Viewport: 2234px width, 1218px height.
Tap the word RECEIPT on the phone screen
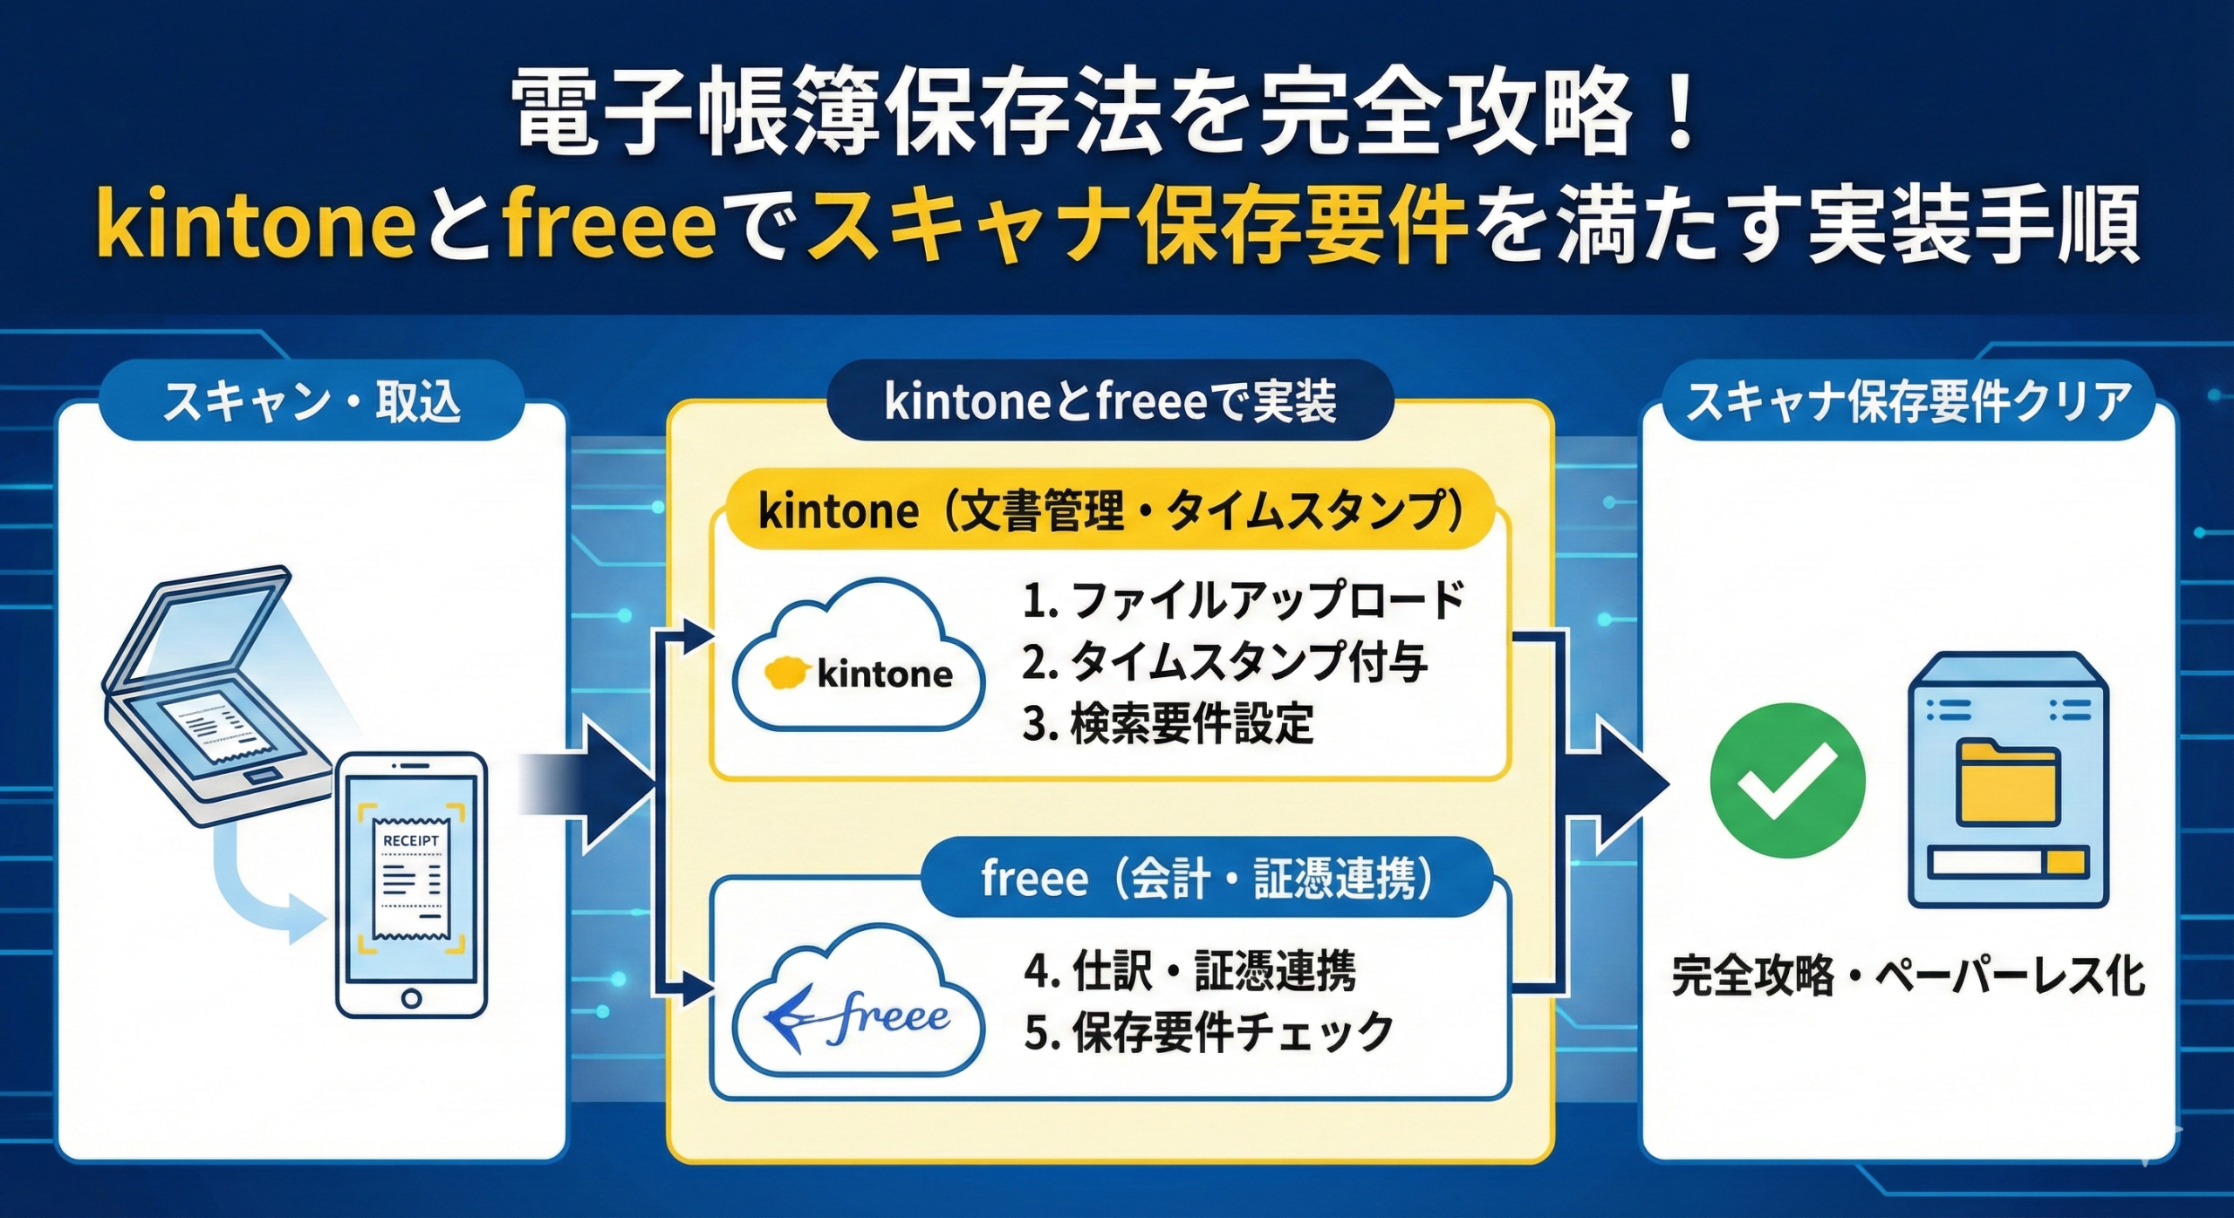(x=411, y=840)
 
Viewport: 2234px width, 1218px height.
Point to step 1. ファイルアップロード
(x=1244, y=601)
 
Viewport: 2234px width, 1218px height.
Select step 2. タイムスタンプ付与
(x=1224, y=662)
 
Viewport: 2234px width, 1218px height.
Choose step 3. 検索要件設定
(x=1168, y=723)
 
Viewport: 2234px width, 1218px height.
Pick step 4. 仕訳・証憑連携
(x=1190, y=971)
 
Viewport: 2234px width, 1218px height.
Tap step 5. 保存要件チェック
(x=1209, y=1032)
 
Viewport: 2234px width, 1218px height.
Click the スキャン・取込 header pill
(x=312, y=402)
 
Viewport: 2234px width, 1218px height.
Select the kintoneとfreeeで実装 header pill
(x=1110, y=401)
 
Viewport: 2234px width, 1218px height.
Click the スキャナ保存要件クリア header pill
(x=1908, y=402)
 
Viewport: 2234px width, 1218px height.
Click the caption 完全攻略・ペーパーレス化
(x=1908, y=976)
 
